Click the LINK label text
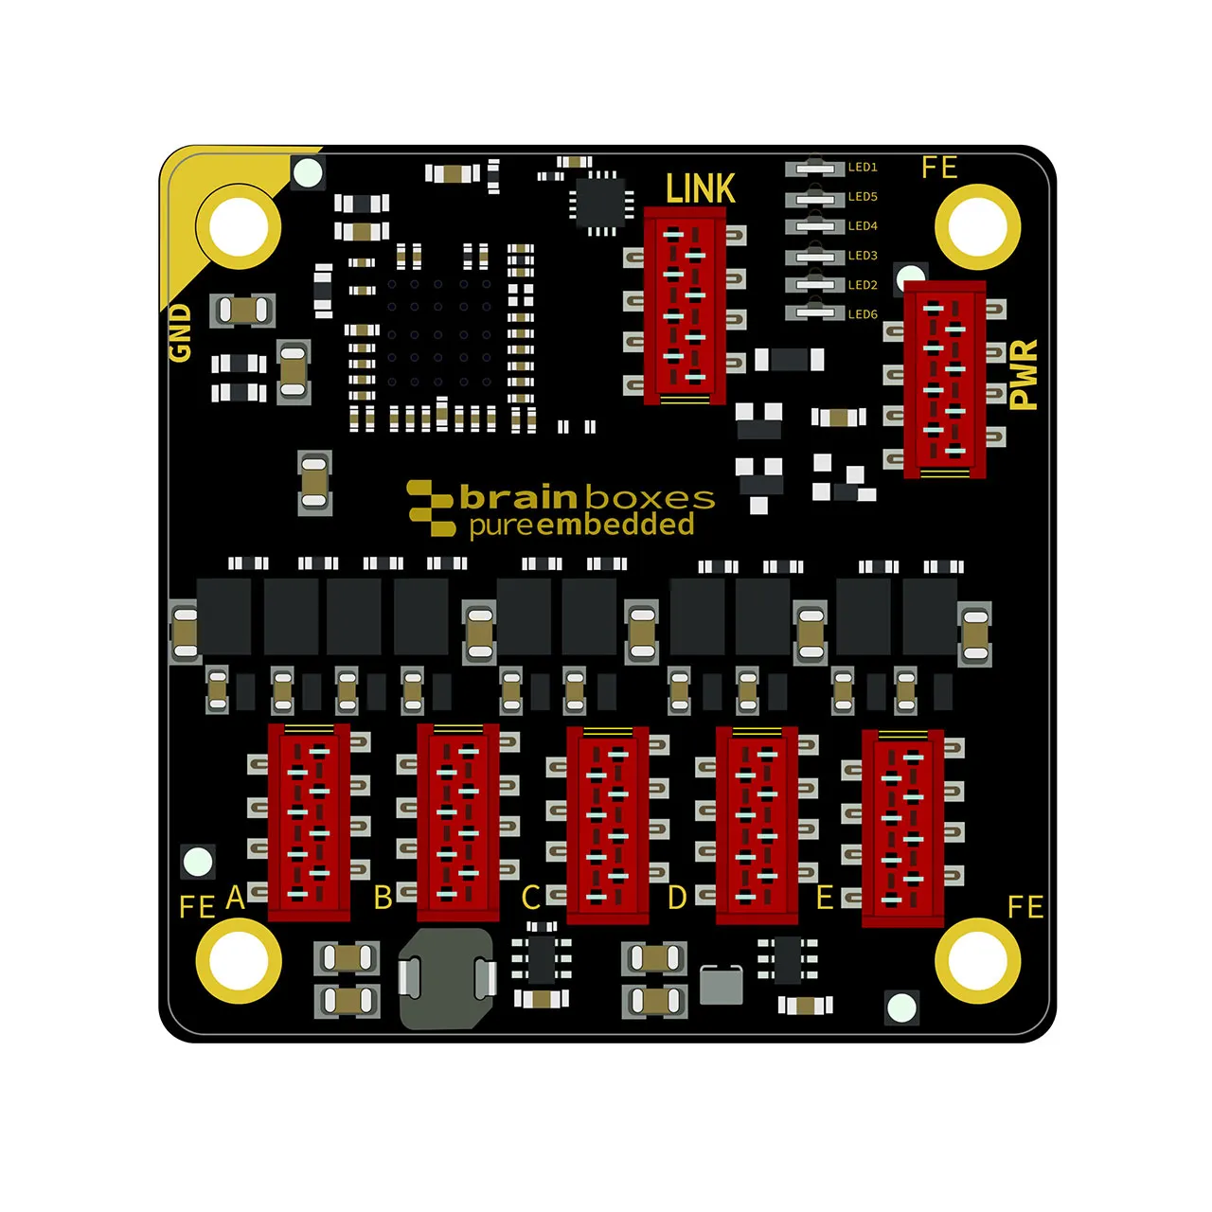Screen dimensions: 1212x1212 [700, 187]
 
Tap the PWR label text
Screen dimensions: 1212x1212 [1023, 375]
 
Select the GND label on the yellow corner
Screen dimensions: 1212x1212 [180, 333]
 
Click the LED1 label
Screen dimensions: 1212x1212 [863, 168]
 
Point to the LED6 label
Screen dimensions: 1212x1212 [863, 314]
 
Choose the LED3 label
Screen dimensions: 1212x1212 [863, 256]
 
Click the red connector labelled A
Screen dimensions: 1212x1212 [309, 822]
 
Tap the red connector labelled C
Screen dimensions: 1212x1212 [608, 825]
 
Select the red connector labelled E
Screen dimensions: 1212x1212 [902, 829]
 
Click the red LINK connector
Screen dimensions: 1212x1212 [685, 305]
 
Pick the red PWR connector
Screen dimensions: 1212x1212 [945, 380]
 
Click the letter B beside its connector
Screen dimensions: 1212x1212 [383, 898]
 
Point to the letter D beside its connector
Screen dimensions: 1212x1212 [677, 898]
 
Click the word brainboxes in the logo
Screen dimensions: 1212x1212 [587, 497]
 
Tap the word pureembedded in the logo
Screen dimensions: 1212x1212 [581, 526]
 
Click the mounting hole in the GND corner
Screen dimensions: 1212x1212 [239, 227]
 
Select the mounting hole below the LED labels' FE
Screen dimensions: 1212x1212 [977, 227]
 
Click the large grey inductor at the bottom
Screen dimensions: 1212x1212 [447, 979]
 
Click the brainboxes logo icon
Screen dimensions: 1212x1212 [431, 508]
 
